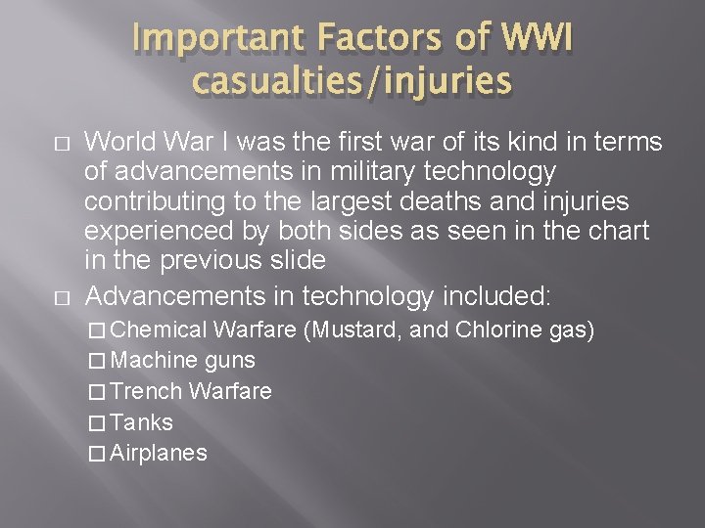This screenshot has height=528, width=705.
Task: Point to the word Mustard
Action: pyautogui.click(x=355, y=330)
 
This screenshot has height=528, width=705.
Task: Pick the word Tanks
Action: pyautogui.click(x=142, y=422)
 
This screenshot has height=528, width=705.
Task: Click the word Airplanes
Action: pyautogui.click(x=159, y=453)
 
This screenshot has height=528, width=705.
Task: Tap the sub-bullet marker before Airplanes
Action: pyautogui.click(x=95, y=454)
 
